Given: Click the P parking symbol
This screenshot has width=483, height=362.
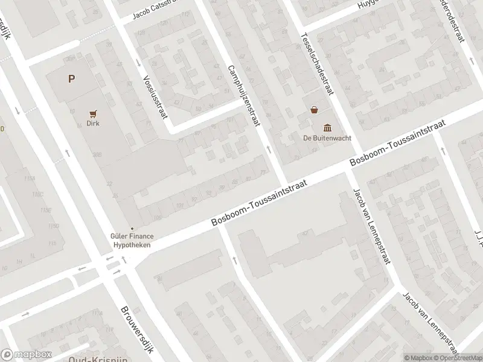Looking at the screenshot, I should pyautogui.click(x=72, y=78).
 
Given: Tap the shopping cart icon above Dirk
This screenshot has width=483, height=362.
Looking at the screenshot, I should pyautogui.click(x=92, y=113).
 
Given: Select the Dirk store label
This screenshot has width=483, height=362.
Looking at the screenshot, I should pyautogui.click(x=92, y=123).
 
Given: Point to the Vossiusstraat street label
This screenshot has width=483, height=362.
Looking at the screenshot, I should pyautogui.click(x=155, y=96).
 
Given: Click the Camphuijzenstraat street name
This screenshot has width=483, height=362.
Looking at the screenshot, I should pyautogui.click(x=243, y=95).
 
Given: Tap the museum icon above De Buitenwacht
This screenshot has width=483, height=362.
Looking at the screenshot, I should pyautogui.click(x=327, y=127).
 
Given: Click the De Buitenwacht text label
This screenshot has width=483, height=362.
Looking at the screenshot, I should pyautogui.click(x=327, y=137).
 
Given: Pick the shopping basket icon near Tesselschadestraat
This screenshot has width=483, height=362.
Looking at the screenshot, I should pyautogui.click(x=314, y=110).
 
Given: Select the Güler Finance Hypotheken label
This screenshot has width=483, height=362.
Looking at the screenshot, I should pyautogui.click(x=132, y=241).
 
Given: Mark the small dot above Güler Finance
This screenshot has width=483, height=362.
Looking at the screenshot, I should pyautogui.click(x=132, y=228).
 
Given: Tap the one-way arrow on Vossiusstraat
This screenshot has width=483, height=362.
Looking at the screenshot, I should pyautogui.click(x=138, y=63).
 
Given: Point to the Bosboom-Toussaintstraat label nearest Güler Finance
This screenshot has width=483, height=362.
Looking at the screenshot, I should pyautogui.click(x=260, y=203).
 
